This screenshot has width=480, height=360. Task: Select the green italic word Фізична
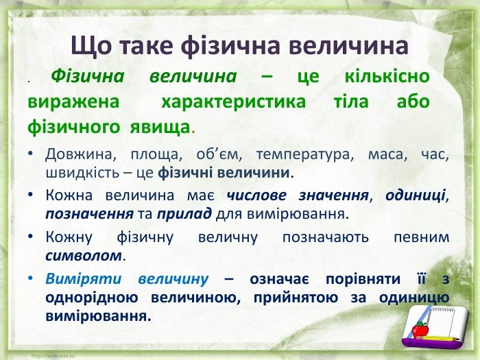click(x=88, y=76)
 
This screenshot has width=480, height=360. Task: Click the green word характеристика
click(x=233, y=102)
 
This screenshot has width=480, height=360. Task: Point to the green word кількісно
click(x=387, y=76)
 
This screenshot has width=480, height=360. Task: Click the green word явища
click(x=160, y=127)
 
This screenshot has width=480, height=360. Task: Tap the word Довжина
click(x=81, y=154)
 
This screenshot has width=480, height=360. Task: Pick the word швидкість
click(x=82, y=173)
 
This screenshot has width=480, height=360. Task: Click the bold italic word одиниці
click(x=416, y=195)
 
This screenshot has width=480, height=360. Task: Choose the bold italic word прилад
click(x=184, y=214)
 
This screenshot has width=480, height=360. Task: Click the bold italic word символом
click(x=84, y=256)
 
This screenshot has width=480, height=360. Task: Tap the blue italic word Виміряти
click(x=84, y=279)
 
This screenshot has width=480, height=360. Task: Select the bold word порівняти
click(x=363, y=279)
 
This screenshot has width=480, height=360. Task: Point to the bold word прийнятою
click(x=296, y=298)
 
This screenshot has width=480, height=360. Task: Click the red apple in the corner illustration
click(x=420, y=330)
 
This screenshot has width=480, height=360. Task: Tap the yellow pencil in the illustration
click(x=440, y=339)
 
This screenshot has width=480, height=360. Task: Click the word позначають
click(x=326, y=238)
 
